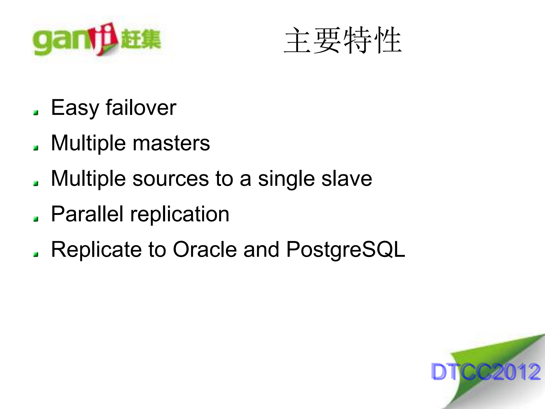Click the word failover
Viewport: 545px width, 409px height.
click(141, 107)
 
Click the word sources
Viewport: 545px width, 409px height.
click(171, 179)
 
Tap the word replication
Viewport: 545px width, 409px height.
click(180, 215)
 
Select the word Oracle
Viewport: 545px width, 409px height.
click(205, 249)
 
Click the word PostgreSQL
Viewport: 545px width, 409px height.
click(346, 250)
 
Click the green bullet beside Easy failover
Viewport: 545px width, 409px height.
click(36, 112)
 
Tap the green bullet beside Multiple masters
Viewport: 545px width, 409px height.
click(36, 148)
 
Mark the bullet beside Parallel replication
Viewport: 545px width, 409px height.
click(36, 219)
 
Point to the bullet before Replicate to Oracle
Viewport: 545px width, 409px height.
click(36, 255)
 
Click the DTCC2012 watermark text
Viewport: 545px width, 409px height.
click(486, 372)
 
